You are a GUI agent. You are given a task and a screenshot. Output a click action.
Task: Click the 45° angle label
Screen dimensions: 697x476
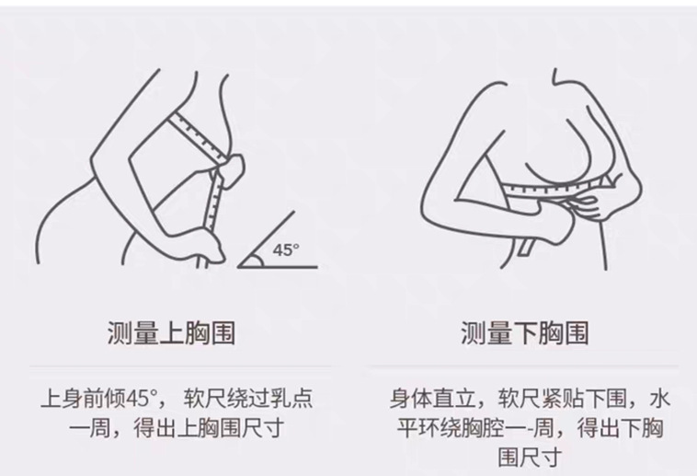(286, 250)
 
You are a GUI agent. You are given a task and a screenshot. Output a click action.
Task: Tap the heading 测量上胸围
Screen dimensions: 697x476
(171, 332)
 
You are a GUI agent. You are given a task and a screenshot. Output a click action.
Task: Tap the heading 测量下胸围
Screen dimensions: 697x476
(525, 332)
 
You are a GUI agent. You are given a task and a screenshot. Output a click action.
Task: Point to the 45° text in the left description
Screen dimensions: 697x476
(142, 398)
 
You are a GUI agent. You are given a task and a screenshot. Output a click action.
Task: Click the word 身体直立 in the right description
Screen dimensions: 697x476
(433, 398)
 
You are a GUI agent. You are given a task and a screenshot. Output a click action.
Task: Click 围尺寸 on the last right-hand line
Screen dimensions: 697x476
(528, 458)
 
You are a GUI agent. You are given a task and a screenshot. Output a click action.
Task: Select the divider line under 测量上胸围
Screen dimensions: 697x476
(180, 366)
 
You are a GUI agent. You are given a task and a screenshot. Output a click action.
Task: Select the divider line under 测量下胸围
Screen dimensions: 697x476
(524, 366)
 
